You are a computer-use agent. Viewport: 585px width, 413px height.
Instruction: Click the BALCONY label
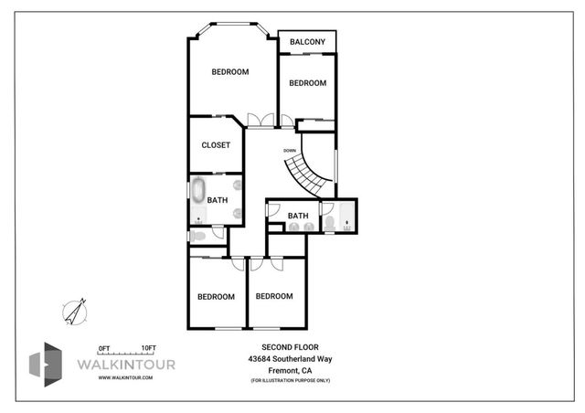307,42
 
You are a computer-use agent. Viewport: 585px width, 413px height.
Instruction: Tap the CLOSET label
216,144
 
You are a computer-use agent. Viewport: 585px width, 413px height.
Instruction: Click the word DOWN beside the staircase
289,150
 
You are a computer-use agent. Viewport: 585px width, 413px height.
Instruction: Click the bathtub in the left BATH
198,192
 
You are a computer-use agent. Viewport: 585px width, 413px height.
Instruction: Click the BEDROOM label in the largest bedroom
230,72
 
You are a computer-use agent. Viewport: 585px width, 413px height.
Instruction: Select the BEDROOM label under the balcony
307,83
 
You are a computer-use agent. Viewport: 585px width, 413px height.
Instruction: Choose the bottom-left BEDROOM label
217,296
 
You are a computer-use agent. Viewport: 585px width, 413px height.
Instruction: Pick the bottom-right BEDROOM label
273,296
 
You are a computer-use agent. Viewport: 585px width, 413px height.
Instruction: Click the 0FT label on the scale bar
103,348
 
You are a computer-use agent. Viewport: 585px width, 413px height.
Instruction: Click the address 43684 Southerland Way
289,359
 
